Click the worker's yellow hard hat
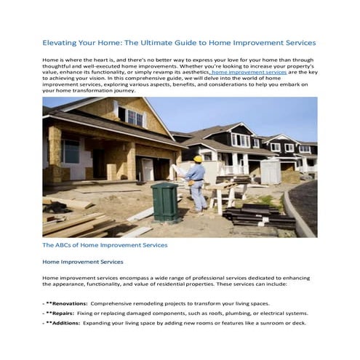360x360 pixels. click(x=198, y=158)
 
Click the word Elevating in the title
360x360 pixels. click(x=63, y=43)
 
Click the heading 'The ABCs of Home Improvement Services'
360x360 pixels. click(x=105, y=245)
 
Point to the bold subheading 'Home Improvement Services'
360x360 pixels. click(x=82, y=261)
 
